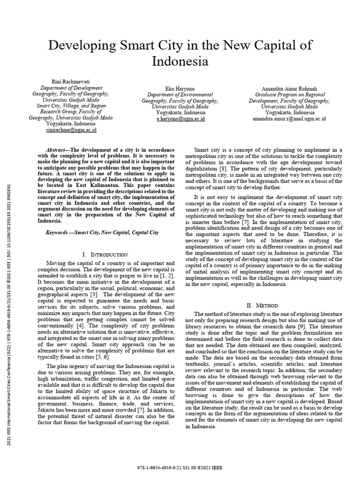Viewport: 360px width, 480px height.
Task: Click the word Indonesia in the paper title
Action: [180, 61]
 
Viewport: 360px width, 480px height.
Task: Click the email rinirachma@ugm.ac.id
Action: [70, 130]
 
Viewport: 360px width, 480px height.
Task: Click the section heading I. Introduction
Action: [105, 254]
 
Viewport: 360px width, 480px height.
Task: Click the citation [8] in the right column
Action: [223, 168]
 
